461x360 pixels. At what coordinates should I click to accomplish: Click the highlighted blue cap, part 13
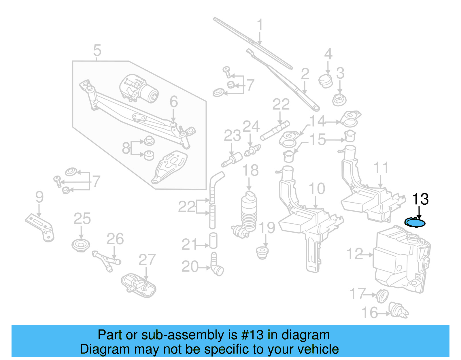pyautogui.click(x=415, y=223)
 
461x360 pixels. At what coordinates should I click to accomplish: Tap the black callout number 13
pyautogui.click(x=420, y=199)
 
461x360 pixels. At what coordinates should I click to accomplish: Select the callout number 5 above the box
pyautogui.click(x=97, y=50)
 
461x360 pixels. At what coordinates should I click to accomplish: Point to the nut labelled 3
pyautogui.click(x=339, y=99)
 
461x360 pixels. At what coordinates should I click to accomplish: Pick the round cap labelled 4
pyautogui.click(x=326, y=81)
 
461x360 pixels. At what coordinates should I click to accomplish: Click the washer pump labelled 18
pyautogui.click(x=249, y=212)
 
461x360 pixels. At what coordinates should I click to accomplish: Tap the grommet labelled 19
pyautogui.click(x=262, y=252)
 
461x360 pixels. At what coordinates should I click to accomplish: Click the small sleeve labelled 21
pyautogui.click(x=213, y=241)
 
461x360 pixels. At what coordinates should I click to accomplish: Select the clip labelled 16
pyautogui.click(x=398, y=310)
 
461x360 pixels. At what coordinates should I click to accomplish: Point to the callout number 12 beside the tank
pyautogui.click(x=355, y=254)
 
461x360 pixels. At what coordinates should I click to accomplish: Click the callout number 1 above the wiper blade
pyautogui.click(x=260, y=25)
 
